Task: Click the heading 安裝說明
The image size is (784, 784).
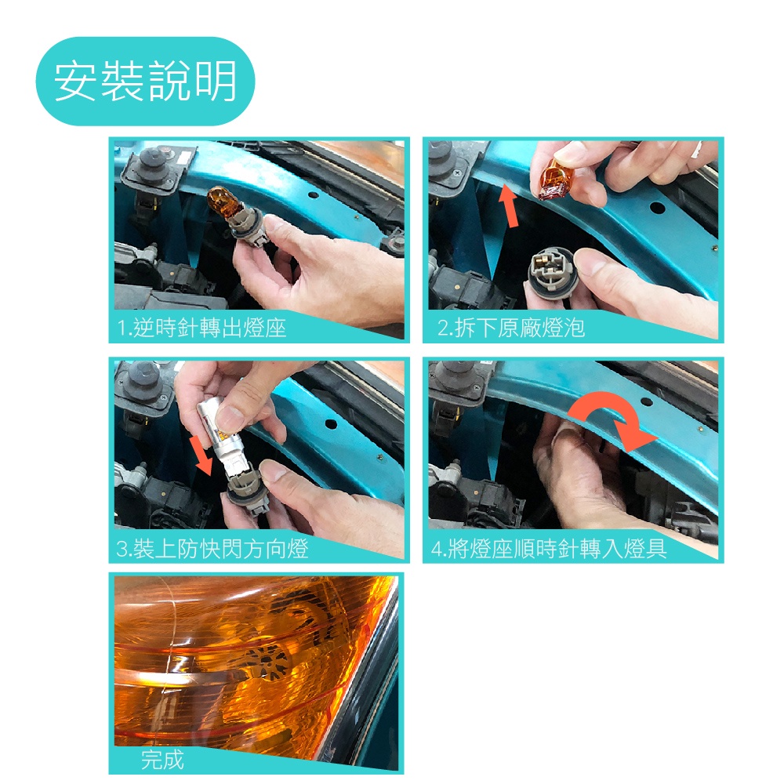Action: pyautogui.click(x=145, y=81)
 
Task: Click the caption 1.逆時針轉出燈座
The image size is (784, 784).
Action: pyautogui.click(x=201, y=328)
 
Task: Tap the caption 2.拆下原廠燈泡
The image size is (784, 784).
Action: pyautogui.click(x=510, y=328)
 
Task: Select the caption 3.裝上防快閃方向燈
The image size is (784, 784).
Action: pyautogui.click(x=212, y=549)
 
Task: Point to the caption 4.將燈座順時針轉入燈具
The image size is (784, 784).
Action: pyautogui.click(x=549, y=549)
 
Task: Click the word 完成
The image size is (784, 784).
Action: pyautogui.click(x=162, y=760)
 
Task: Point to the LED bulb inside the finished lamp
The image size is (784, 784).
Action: pyautogui.click(x=267, y=661)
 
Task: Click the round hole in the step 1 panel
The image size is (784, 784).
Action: pyautogui.click(x=313, y=195)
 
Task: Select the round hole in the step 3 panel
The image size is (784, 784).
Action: pyautogui.click(x=331, y=424)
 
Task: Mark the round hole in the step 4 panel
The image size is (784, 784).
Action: pyautogui.click(x=647, y=401)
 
